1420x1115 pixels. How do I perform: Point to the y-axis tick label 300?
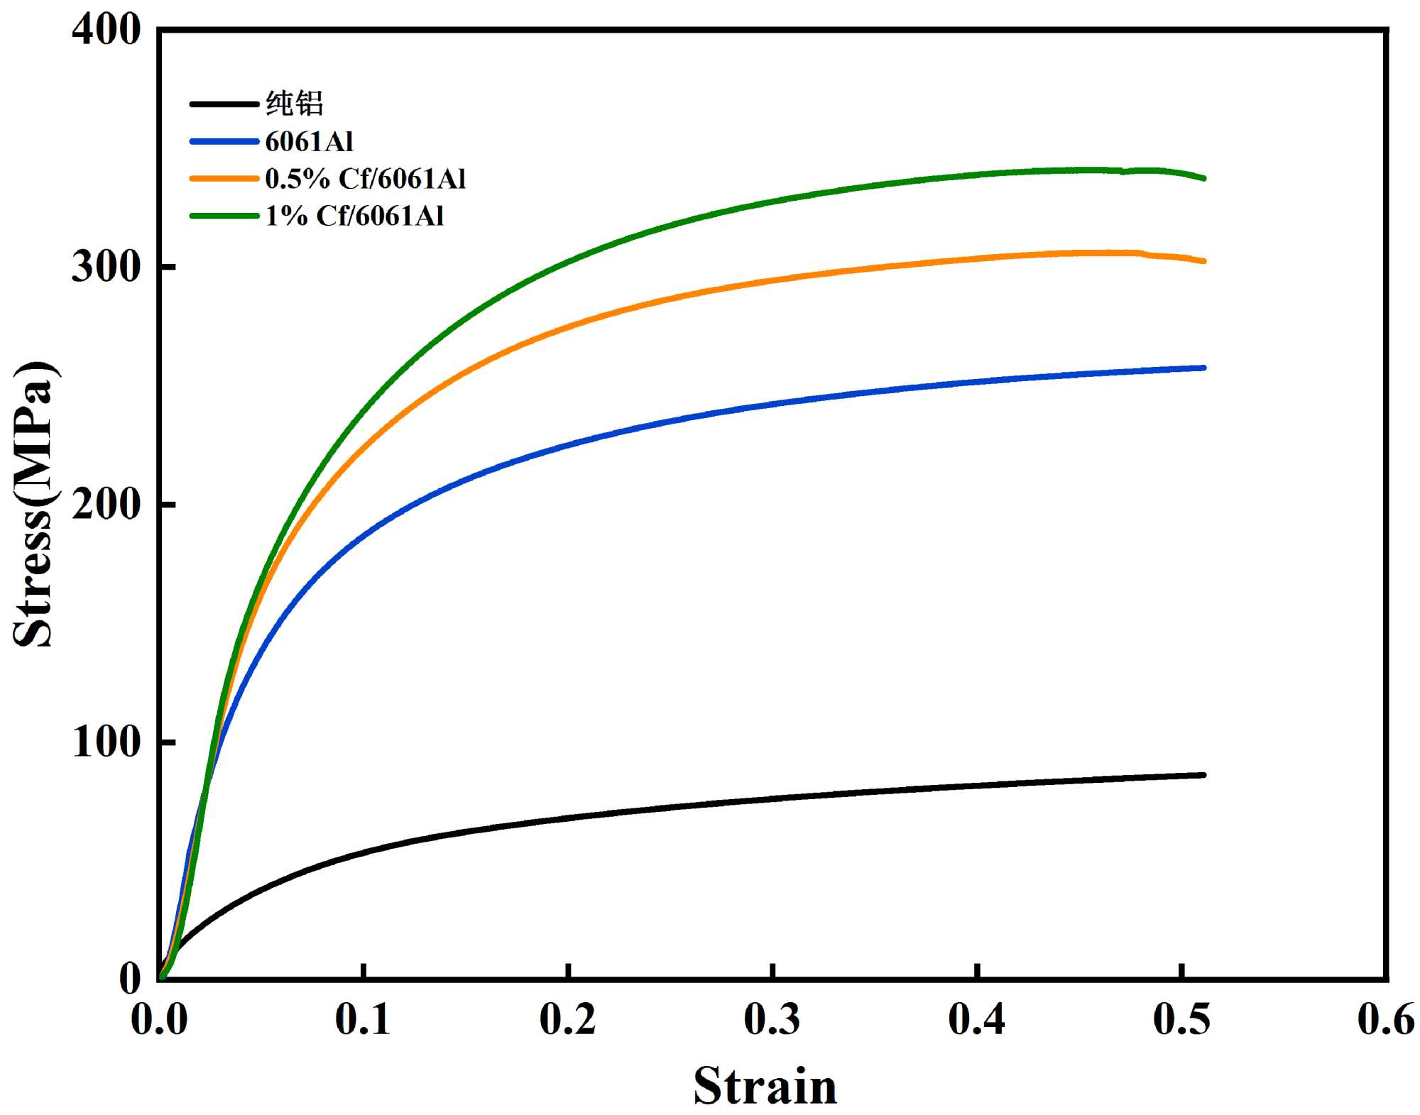click(x=106, y=268)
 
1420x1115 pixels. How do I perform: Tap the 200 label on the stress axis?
click(x=106, y=505)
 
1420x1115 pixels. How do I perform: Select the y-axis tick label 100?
click(x=106, y=742)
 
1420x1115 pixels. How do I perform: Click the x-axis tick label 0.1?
click(x=363, y=1020)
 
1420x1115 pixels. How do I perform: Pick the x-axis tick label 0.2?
click(x=567, y=1020)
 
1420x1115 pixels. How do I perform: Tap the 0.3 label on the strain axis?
click(x=772, y=1020)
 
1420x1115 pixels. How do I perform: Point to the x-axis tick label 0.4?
click(x=976, y=1020)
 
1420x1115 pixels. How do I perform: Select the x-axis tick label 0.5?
click(x=1181, y=1020)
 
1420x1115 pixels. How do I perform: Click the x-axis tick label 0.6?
click(x=1385, y=1020)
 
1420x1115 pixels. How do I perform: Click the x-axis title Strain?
click(x=765, y=1086)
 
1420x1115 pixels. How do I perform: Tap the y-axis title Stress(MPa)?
click(x=33, y=504)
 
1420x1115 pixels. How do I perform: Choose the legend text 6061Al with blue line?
click(x=309, y=142)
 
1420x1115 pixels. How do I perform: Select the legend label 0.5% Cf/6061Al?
click(x=365, y=179)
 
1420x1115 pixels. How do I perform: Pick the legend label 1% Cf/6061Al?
click(x=354, y=216)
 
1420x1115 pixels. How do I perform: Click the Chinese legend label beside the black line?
click(x=295, y=104)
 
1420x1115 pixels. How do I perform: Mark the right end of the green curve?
click(x=1204, y=178)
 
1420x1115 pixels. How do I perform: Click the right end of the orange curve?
click(x=1204, y=261)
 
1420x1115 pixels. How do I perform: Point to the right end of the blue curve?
click(x=1204, y=368)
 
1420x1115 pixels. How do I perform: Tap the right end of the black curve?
click(x=1204, y=775)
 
